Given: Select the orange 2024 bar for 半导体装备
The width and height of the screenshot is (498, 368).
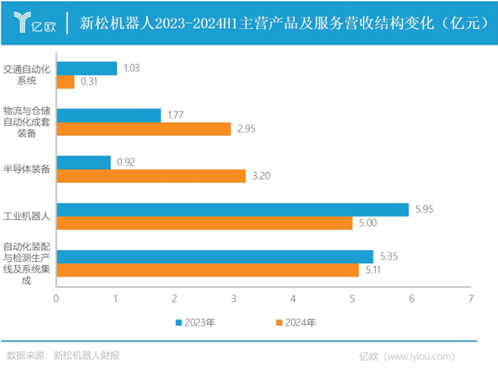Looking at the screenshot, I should coord(151,176).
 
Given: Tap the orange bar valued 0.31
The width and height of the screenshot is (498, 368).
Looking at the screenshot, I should coord(65,82).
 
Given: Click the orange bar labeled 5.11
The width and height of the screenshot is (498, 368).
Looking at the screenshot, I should coord(207,270).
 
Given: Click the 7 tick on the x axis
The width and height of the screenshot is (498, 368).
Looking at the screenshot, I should coord(471,299).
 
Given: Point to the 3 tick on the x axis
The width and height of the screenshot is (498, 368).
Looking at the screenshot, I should coord(234,299).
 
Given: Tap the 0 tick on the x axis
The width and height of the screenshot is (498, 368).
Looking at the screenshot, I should coord(56,299).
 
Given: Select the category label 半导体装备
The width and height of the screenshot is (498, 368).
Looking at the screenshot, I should coord(28,169).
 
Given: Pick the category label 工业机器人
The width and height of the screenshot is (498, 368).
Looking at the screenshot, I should coord(28,217).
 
